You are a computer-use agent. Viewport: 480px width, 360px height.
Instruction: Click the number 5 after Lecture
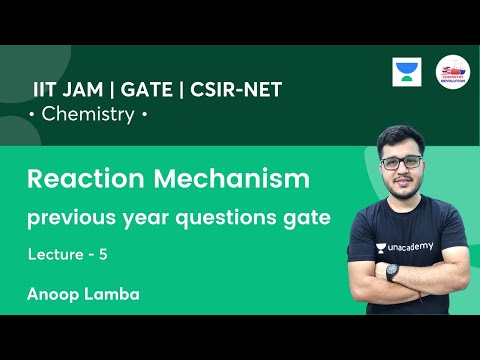[x=103, y=255]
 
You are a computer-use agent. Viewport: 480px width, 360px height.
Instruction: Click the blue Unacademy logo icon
[x=407, y=74]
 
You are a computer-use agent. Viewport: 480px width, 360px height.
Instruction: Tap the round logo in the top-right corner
[x=453, y=74]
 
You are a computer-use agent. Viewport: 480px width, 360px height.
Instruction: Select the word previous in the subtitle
[x=63, y=217]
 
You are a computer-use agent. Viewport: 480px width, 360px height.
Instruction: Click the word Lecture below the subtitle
[x=56, y=255]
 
